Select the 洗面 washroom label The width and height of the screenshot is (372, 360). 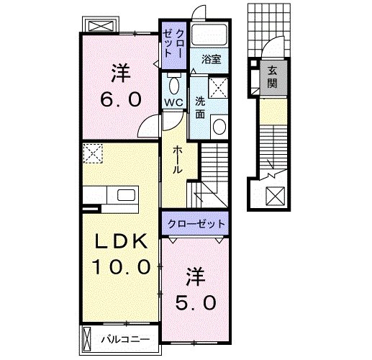[x=201, y=108]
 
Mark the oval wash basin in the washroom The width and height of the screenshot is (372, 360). [x=219, y=128]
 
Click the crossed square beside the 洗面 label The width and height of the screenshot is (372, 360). [x=221, y=89]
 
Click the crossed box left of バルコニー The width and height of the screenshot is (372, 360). [x=86, y=337]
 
